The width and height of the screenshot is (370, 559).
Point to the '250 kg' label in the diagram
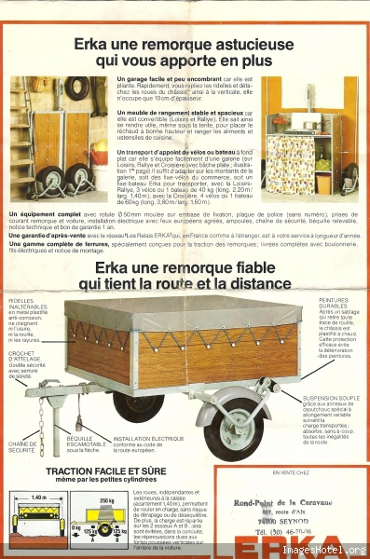(105, 499)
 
